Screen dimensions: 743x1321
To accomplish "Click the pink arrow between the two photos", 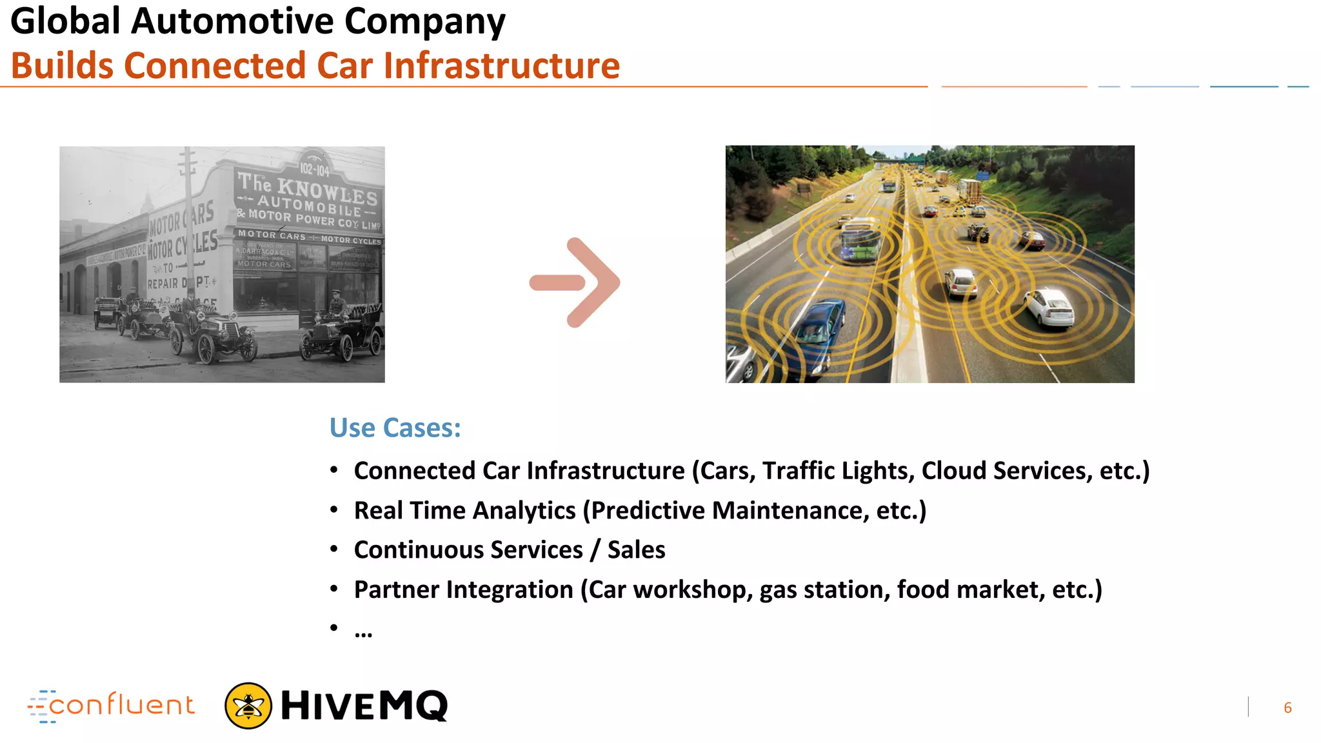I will (575, 282).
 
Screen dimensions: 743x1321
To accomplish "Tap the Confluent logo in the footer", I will (112, 706).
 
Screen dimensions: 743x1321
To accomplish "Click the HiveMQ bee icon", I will (248, 706).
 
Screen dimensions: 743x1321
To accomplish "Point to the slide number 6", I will (1287, 708).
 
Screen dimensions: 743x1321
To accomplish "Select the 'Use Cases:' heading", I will (395, 428).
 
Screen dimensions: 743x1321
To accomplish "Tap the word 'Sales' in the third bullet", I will (636, 550).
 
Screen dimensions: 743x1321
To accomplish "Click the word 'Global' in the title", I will (65, 21).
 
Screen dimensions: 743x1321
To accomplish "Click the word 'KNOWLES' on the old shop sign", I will (328, 192).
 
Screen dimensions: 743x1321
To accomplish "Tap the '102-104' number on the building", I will (314, 169).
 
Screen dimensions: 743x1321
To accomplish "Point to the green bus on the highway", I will (861, 239).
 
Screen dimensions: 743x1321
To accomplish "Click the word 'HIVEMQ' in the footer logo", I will (364, 706).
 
